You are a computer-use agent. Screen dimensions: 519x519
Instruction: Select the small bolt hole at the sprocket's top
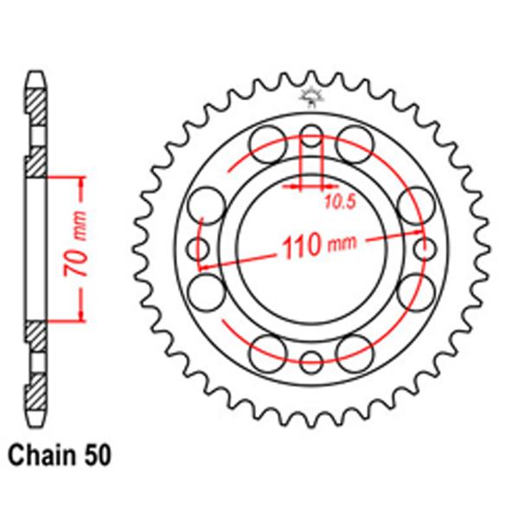[x=311, y=134]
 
